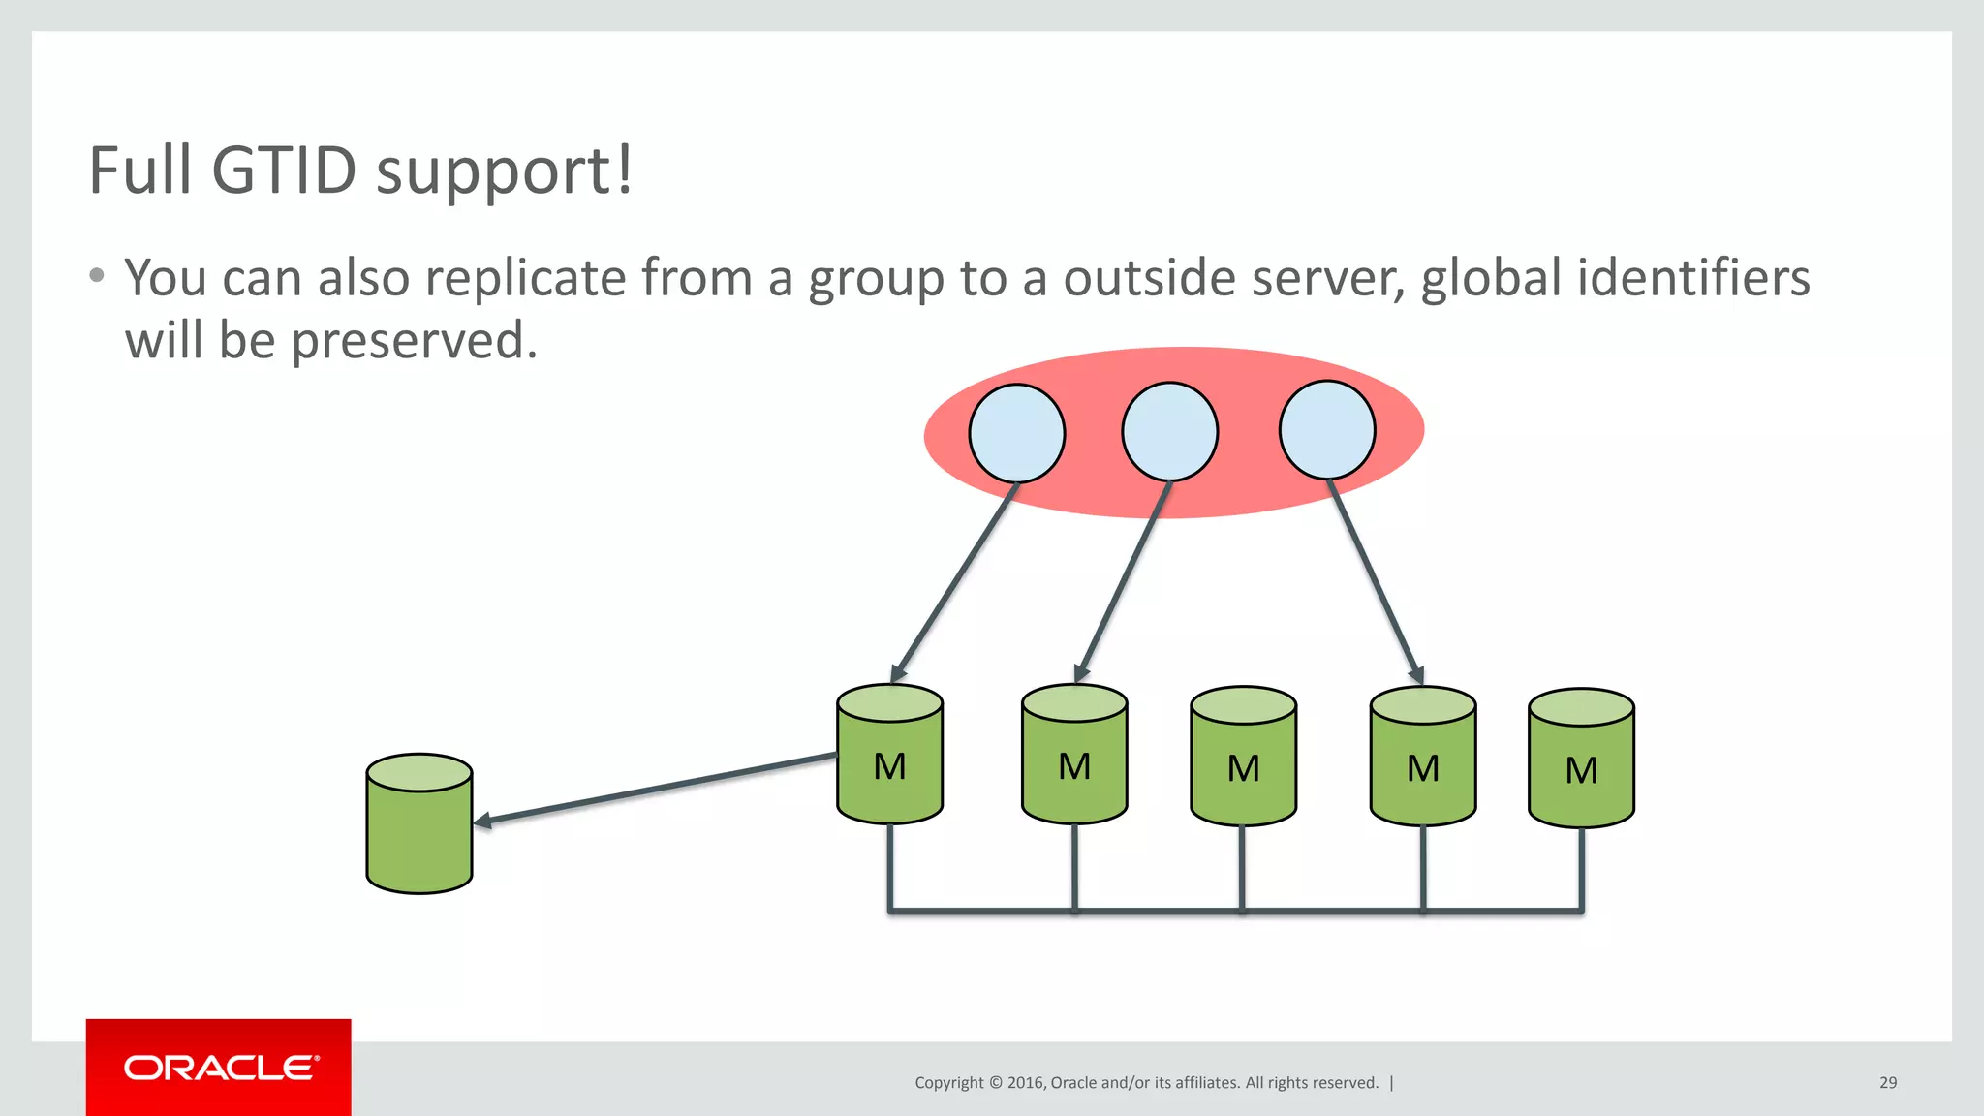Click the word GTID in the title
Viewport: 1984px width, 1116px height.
(284, 170)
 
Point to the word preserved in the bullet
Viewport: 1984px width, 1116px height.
(414, 341)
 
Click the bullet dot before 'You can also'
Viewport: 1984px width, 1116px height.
(96, 276)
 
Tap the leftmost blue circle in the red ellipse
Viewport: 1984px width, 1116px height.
(1016, 433)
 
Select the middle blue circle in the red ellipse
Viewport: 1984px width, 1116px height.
(1169, 431)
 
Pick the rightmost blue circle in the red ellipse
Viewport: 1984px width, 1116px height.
(1326, 429)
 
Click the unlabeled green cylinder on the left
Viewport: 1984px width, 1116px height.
(419, 823)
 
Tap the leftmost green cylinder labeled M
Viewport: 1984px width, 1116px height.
(889, 756)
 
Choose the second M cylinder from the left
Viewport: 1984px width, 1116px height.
(1074, 756)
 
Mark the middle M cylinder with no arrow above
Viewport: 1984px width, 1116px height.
(1243, 758)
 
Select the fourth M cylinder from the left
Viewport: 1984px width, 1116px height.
(1422, 758)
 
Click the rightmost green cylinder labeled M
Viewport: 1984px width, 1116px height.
(1581, 759)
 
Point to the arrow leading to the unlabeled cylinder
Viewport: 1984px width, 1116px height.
(659, 789)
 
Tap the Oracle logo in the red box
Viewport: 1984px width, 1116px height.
(220, 1068)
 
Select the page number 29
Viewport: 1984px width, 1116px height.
(1887, 1083)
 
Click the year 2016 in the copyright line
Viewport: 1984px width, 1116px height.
(1025, 1083)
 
